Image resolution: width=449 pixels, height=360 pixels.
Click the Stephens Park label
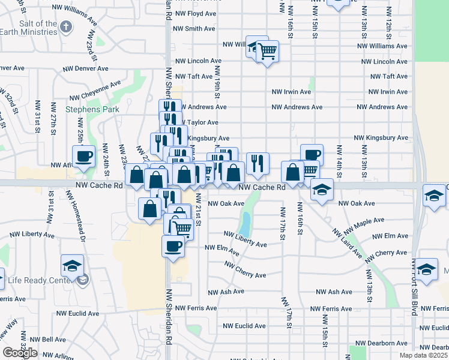coord(92,109)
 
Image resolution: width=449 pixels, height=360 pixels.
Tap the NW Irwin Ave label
coord(292,92)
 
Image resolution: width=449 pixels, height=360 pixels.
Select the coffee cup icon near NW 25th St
coord(84,156)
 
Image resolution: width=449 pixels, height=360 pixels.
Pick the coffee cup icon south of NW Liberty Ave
coord(173,245)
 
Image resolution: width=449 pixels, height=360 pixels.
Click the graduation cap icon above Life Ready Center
coord(72,265)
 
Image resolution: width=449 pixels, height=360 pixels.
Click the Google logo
coord(20,353)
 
